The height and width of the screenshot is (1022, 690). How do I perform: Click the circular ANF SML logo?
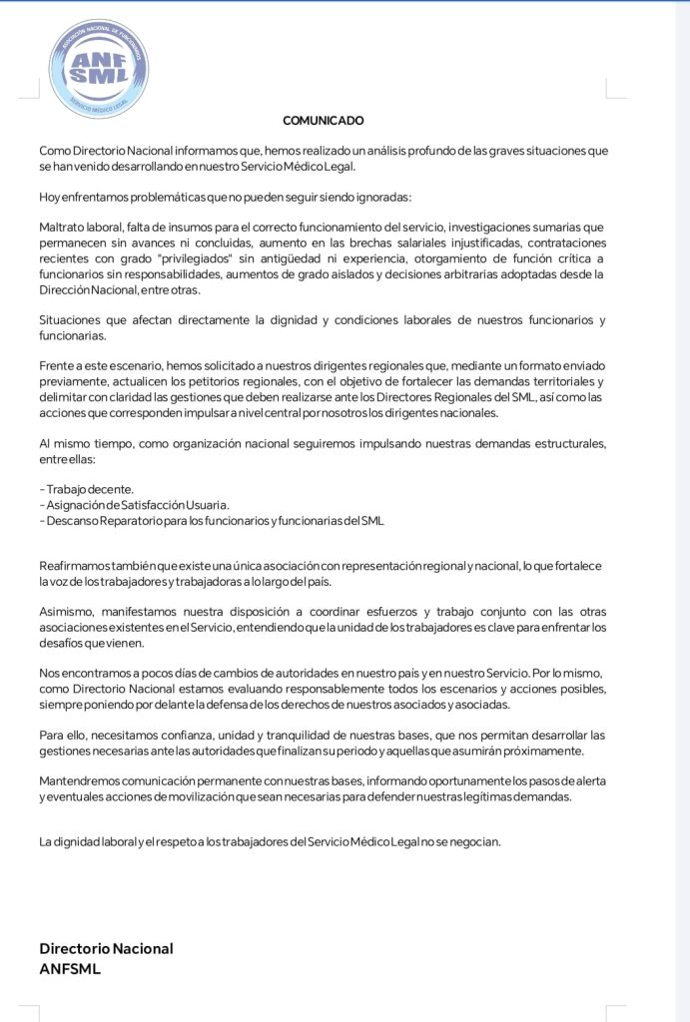(99, 69)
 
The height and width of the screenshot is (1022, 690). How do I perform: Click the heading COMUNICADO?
(323, 121)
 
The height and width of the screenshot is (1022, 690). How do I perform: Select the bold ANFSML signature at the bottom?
(70, 968)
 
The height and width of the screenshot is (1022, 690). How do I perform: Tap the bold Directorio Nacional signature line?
(106, 948)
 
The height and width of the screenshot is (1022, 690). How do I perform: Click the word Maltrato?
(62, 229)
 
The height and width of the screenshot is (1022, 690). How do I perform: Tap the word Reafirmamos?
(75, 566)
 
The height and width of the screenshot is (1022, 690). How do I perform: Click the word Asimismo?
(65, 611)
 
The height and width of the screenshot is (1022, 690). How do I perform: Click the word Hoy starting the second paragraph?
(49, 197)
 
